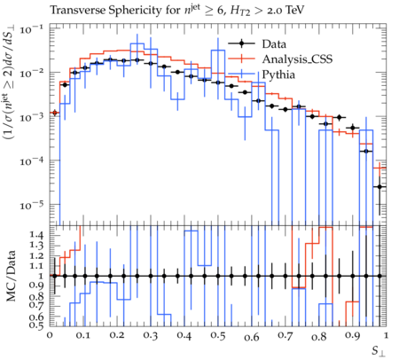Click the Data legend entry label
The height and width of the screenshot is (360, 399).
[x=274, y=44]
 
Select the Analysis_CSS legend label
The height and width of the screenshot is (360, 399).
[x=297, y=59]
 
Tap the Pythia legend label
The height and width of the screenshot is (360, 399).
[x=278, y=74]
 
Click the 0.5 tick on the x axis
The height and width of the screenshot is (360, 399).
[x=218, y=336]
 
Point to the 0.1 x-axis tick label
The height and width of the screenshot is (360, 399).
[x=83, y=336]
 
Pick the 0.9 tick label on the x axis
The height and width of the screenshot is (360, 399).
[x=353, y=336]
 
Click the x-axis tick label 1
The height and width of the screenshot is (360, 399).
[x=386, y=335]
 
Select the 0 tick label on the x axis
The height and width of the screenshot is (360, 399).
[x=50, y=335]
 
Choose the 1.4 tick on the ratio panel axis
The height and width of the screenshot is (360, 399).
[x=36, y=235]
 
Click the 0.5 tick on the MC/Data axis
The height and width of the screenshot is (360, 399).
[x=36, y=325]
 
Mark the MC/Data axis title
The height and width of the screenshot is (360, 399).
[x=12, y=276]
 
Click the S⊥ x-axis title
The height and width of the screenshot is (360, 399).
[x=379, y=351]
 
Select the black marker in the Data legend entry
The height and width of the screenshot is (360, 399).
[x=242, y=44]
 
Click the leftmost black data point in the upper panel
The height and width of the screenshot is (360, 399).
[x=54, y=113]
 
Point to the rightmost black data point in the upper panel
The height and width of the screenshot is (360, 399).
[x=379, y=187]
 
